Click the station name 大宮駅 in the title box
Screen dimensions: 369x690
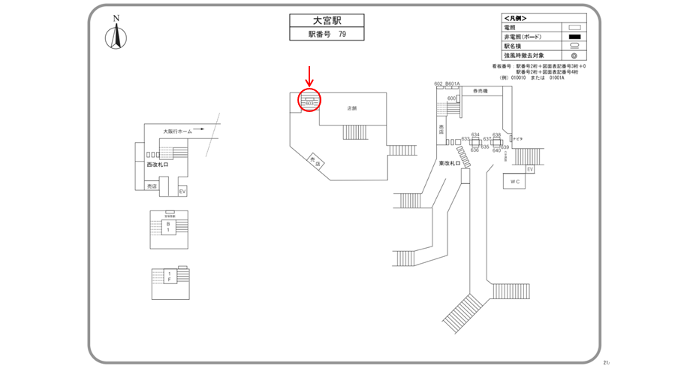coord(327,21)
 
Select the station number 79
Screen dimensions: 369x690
coord(342,35)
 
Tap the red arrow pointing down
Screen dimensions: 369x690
coord(309,76)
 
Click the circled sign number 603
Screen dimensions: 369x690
coord(309,101)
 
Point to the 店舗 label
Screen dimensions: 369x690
coord(351,108)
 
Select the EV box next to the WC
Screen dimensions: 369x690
coord(529,169)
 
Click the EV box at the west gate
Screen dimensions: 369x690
coord(182,192)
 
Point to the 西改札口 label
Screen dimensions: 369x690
coord(158,164)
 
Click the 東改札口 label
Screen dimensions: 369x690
coord(450,162)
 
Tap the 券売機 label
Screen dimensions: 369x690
coord(480,91)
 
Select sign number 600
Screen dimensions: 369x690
coord(452,98)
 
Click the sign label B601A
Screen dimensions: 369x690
coord(452,83)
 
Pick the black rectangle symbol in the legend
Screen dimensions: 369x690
coord(575,37)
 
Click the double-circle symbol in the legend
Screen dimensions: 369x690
coord(575,56)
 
